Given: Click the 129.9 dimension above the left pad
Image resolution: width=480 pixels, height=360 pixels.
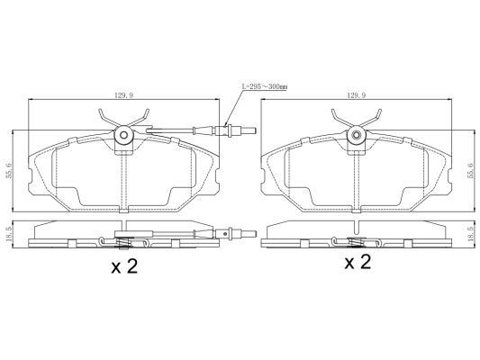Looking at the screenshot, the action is tap(123, 95).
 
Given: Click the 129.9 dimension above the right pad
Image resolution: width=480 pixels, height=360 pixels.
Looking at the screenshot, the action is tap(357, 95).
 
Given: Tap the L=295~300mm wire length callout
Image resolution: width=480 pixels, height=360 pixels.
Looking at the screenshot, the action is tap(265, 87).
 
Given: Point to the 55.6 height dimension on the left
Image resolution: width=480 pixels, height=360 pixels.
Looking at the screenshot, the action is tap(9, 170).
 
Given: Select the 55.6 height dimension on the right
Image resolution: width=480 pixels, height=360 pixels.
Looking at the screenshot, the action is tap(471, 170).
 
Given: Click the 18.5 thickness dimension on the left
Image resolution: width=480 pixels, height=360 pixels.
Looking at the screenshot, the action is tap(9, 234).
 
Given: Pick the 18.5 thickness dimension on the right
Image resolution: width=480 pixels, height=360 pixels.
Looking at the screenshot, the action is tap(471, 234).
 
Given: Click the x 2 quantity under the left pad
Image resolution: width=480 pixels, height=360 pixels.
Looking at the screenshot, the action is tap(124, 266).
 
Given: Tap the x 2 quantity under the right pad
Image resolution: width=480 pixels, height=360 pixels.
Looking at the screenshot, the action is tap(358, 263).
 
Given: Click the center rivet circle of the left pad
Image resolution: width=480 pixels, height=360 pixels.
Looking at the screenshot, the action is tap(124, 135).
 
